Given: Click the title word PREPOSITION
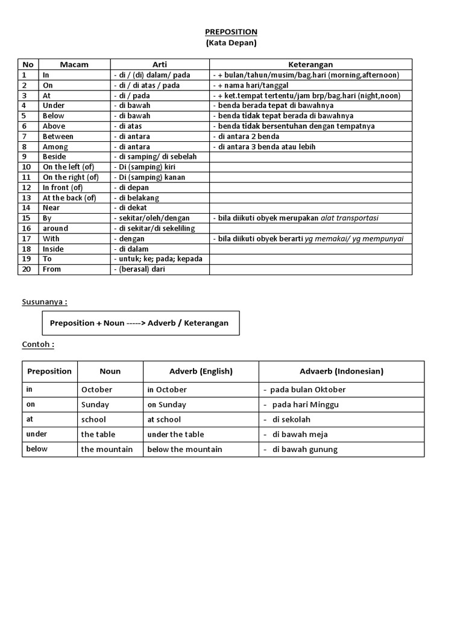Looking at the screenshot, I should pyautogui.click(x=231, y=31).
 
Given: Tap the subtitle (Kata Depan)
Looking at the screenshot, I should pyautogui.click(x=231, y=43).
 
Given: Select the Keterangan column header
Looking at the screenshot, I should pyautogui.click(x=310, y=65).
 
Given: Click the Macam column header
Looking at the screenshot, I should pyautogui.click(x=74, y=65).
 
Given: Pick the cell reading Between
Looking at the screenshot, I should pyautogui.click(x=58, y=136).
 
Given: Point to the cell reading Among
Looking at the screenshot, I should pyautogui.click(x=55, y=147).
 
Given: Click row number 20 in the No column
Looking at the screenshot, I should pyautogui.click(x=26, y=269).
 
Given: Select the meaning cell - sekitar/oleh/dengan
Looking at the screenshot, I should pyautogui.click(x=151, y=218).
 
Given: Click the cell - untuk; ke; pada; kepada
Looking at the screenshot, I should pyautogui.click(x=158, y=259).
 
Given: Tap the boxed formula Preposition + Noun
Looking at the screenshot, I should pyautogui.click(x=139, y=323).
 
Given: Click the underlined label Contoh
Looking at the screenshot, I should pyautogui.click(x=38, y=345).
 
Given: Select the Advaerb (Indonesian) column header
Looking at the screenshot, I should pyautogui.click(x=341, y=371).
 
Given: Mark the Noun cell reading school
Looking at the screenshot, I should pyautogui.click(x=93, y=419).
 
